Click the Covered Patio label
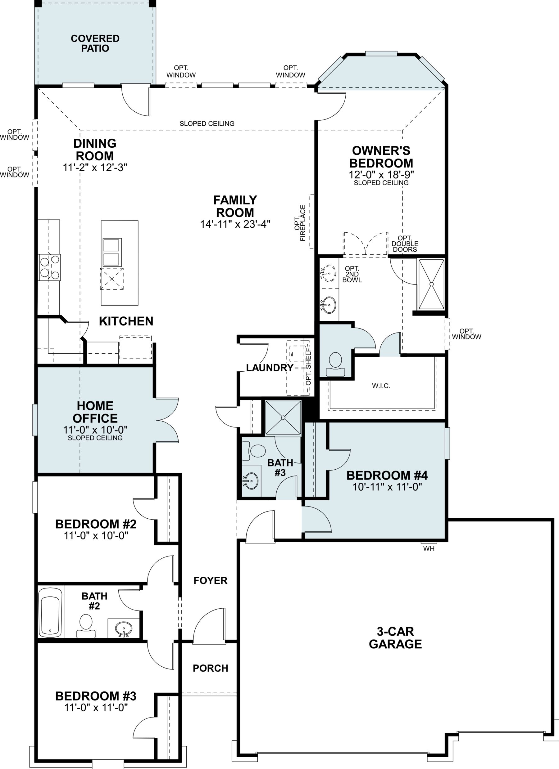pyautogui.click(x=95, y=43)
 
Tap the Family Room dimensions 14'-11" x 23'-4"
pyautogui.click(x=235, y=224)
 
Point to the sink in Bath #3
pyautogui.click(x=251, y=481)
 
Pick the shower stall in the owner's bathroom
pyautogui.click(x=431, y=284)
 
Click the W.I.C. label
pyautogui.click(x=381, y=386)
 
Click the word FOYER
pyautogui.click(x=211, y=580)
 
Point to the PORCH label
pyautogui.click(x=211, y=668)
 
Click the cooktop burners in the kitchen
pyautogui.click(x=50, y=267)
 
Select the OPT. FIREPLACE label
pyautogui.click(x=300, y=223)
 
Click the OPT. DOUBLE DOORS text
pyautogui.click(x=405, y=244)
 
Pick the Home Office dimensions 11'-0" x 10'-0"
pyautogui.click(x=95, y=430)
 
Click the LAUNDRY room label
pyautogui.click(x=270, y=368)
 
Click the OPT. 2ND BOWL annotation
pyautogui.click(x=352, y=274)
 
